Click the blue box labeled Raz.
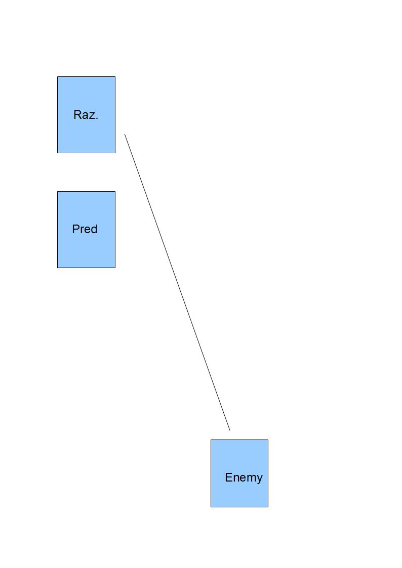86,115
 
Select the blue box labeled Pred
86,230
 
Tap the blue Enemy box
239,473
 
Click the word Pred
85,229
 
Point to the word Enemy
244,478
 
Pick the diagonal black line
177,282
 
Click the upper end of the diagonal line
125,134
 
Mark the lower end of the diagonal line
230,430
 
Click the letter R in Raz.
77,114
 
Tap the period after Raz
97,118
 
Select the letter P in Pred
76,229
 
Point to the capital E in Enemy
228,477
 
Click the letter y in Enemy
259,479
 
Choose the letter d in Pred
94,229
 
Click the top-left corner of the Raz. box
57,76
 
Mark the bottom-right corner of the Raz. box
115,153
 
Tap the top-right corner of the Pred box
115,191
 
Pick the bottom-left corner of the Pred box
57,268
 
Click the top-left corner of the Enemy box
211,440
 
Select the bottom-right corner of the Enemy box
268,507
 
